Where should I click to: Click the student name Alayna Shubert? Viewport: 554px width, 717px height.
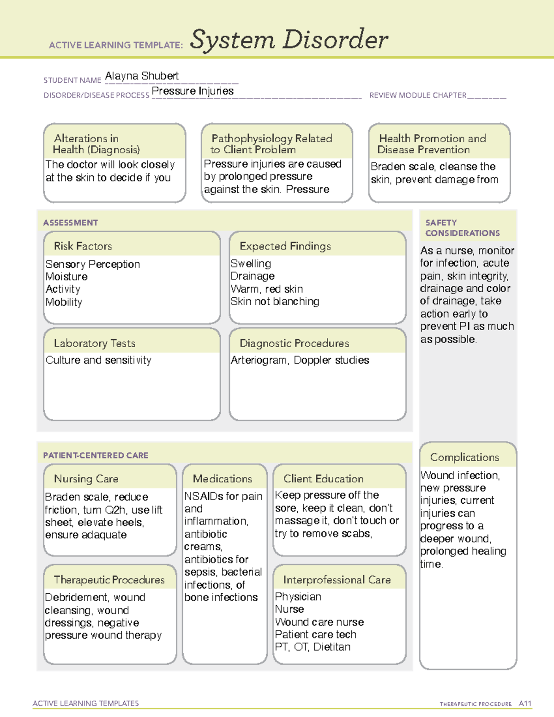click(142, 76)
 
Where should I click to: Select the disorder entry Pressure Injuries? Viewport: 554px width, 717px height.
click(193, 91)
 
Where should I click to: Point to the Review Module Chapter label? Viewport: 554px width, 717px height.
click(418, 96)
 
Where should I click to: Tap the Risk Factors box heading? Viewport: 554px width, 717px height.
click(83, 246)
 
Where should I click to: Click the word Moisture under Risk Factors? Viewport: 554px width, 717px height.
click(66, 277)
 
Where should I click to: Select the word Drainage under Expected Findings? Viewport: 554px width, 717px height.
click(253, 276)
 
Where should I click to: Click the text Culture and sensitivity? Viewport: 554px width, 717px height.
click(98, 360)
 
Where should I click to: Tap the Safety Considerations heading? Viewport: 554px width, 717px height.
click(462, 228)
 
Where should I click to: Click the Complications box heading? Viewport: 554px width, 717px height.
click(464, 457)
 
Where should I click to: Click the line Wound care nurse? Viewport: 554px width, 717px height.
click(319, 622)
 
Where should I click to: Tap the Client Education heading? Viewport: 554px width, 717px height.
click(323, 479)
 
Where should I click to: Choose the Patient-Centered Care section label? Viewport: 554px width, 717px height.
click(96, 455)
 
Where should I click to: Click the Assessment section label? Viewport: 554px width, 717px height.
click(70, 223)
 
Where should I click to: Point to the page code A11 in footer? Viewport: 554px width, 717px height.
click(525, 703)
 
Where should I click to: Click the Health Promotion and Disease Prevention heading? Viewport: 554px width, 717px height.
click(432, 144)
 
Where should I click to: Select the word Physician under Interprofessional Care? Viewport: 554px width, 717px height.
click(298, 596)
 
